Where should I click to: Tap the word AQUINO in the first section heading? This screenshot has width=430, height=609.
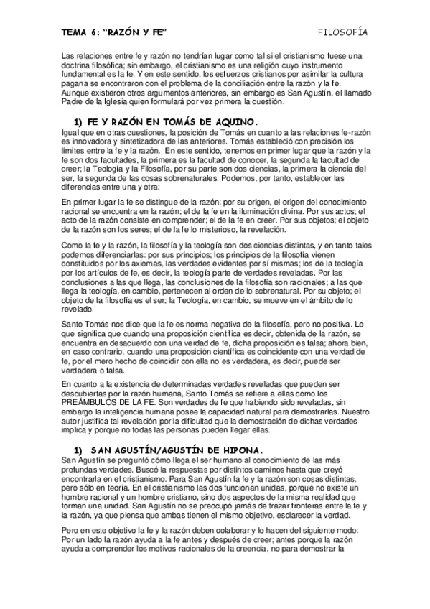point(224,121)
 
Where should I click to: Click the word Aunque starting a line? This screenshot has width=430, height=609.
point(75,93)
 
